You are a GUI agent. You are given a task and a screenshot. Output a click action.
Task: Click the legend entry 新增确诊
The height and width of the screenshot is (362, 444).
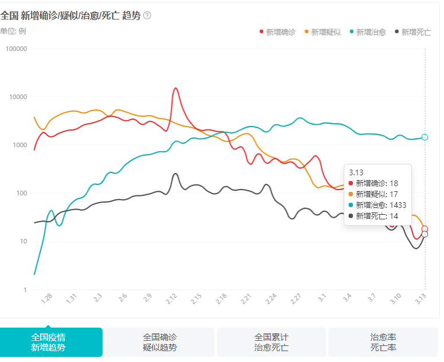(278, 32)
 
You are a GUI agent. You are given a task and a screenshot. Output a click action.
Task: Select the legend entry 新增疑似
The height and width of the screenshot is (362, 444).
(323, 32)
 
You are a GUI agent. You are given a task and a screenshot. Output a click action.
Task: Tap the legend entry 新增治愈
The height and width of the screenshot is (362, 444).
(367, 32)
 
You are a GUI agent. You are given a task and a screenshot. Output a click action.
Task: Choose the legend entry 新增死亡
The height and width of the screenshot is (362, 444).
(412, 32)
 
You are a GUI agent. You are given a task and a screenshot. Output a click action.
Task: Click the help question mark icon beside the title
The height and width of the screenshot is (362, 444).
(147, 15)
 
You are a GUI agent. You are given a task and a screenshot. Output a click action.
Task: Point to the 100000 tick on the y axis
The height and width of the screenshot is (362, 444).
(16, 49)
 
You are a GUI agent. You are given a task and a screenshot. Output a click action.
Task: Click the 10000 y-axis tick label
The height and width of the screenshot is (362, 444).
(18, 97)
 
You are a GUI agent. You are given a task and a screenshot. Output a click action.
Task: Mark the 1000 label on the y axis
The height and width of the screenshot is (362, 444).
(19, 145)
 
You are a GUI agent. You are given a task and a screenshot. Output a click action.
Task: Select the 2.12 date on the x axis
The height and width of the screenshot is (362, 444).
(172, 298)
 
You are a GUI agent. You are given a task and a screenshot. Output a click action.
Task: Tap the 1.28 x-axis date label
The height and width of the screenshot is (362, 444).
(47, 298)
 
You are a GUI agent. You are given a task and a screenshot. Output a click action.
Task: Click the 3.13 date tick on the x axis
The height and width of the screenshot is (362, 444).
(421, 298)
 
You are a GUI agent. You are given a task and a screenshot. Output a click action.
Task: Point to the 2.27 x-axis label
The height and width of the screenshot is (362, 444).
(296, 298)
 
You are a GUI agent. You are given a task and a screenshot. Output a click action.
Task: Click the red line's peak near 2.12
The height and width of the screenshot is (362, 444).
(175, 88)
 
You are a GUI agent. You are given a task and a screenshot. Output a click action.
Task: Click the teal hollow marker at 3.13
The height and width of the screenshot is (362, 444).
(425, 137)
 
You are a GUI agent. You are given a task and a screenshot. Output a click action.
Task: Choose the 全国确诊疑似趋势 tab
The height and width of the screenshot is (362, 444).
(159, 342)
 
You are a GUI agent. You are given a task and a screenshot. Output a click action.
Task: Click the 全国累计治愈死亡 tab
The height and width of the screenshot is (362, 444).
(271, 342)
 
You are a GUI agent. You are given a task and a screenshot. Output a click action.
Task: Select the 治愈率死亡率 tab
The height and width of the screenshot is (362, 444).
(383, 342)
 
